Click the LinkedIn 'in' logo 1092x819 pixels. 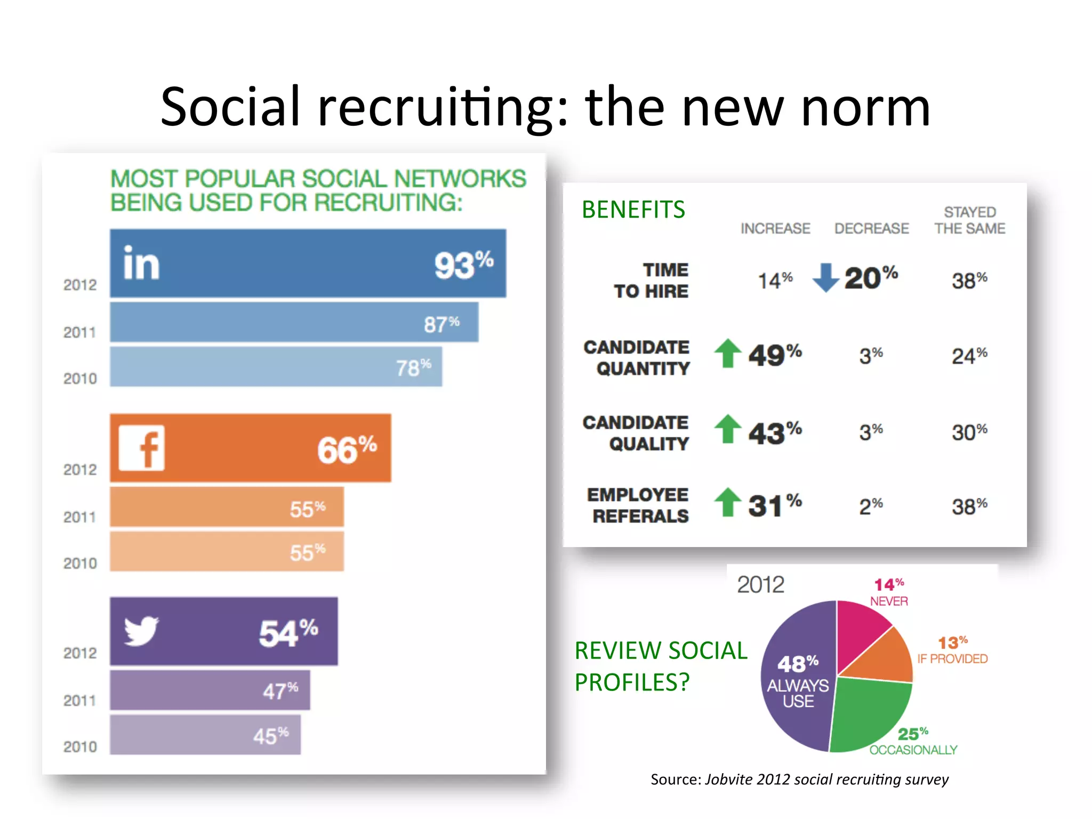[141, 263]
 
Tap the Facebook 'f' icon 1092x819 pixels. [142, 448]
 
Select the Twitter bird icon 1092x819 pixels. [141, 631]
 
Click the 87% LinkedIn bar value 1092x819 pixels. [441, 324]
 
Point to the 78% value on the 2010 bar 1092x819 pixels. [413, 367]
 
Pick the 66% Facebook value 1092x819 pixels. [347, 449]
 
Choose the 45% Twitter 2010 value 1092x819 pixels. [271, 736]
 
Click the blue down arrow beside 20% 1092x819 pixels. [825, 277]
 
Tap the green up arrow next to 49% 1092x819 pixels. [728, 353]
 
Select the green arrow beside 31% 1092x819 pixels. [728, 502]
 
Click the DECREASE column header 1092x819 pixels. [871, 229]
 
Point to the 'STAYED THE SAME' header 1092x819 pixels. [969, 220]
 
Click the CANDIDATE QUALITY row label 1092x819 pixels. [636, 433]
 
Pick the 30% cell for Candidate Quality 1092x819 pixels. [969, 432]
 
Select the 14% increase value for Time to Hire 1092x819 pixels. [775, 280]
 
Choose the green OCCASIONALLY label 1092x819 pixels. [913, 750]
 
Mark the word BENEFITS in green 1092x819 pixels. [633, 210]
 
